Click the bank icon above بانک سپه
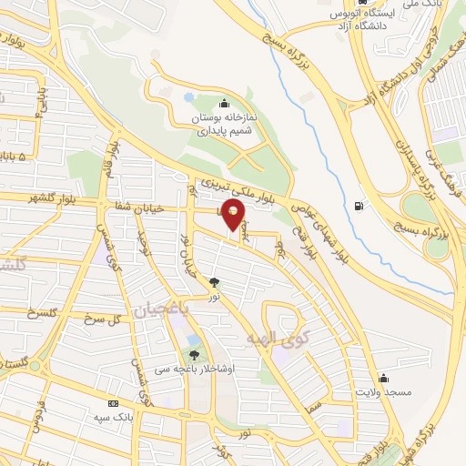[x=114, y=403]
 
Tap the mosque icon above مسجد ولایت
[x=384, y=378]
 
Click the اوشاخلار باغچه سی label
[x=195, y=369]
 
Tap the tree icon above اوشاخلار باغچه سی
[x=193, y=354]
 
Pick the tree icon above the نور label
[x=215, y=283]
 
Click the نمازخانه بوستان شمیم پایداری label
[x=225, y=125]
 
